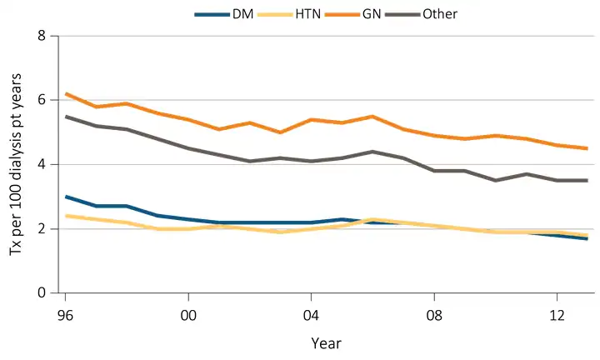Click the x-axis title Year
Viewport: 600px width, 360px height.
[326, 342]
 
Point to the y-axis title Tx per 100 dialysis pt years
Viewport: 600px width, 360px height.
[17, 164]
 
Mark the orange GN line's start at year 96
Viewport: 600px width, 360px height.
[66, 93]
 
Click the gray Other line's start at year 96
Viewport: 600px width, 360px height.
[66, 117]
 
